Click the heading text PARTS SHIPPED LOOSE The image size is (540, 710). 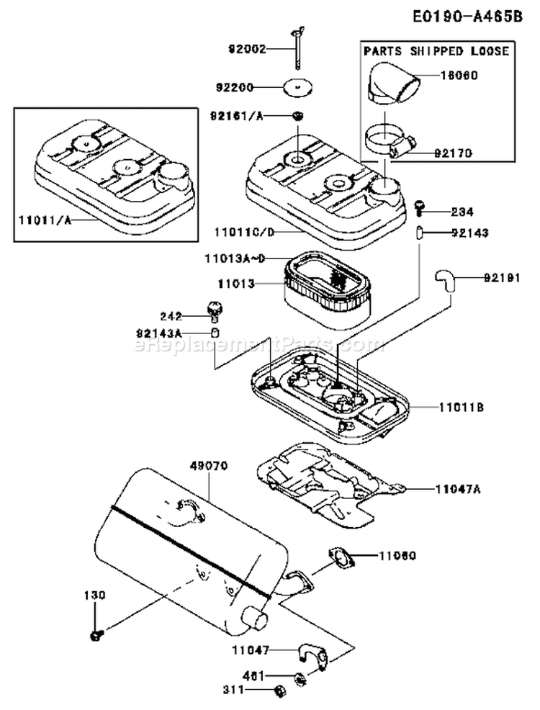pos(436,51)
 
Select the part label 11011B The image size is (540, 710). pos(461,407)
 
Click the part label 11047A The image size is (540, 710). pos(458,488)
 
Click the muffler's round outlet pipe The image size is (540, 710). pos(256,618)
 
